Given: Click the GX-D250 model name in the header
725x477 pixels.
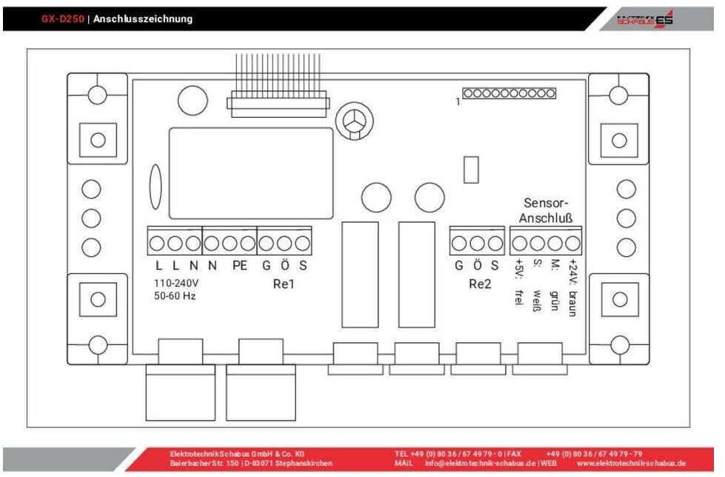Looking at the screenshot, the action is coord(63,19).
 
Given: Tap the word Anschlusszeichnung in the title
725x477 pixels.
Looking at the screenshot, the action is coord(142,19).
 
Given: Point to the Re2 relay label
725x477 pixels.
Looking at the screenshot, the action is coord(479,284).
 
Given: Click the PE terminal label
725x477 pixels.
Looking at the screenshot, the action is coord(238,266).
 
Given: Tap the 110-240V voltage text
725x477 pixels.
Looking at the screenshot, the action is coord(176,283).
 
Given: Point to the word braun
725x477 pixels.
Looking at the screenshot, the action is coord(572,303).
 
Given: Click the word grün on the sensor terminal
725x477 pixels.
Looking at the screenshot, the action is coord(553,301).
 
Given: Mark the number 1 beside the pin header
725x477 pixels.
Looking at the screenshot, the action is coord(458,102).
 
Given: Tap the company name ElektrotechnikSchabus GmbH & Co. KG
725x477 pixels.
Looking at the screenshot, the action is coord(237,453).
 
